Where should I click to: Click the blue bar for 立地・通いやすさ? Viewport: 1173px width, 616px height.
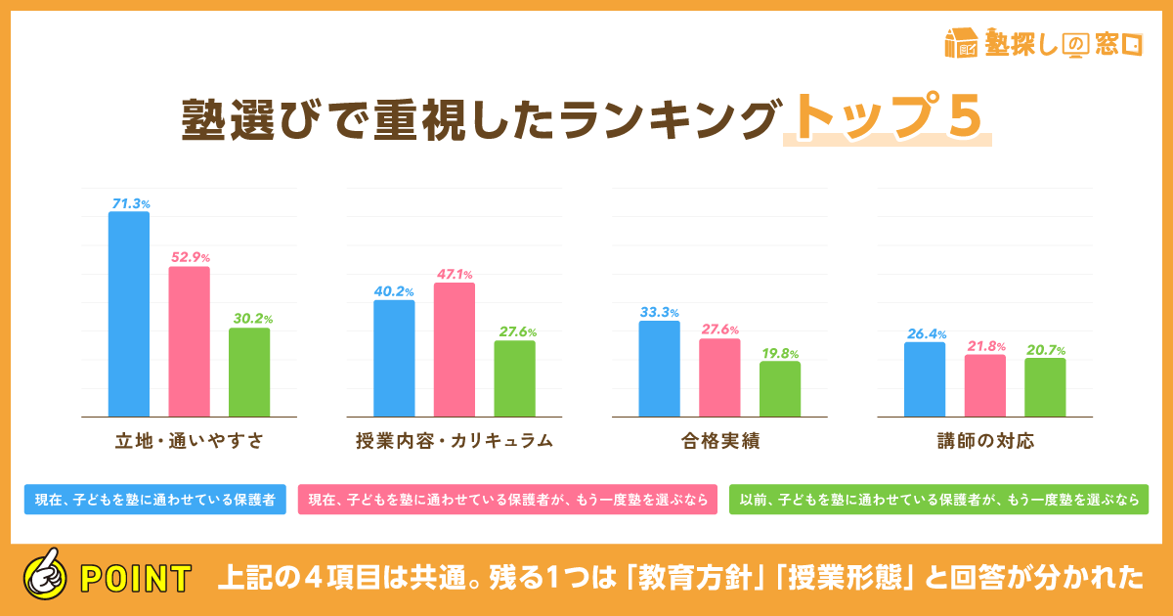pos(129,315)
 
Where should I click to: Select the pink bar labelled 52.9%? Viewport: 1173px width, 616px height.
pos(190,342)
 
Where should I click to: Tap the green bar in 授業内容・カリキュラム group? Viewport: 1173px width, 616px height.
pos(514,379)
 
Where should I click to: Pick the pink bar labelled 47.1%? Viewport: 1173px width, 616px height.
pos(455,350)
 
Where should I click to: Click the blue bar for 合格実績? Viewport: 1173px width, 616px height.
pos(660,369)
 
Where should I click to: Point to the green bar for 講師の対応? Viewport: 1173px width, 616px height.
pos(1045,388)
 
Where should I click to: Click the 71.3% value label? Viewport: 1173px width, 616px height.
pos(130,203)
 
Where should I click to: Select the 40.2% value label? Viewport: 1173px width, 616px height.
pos(395,291)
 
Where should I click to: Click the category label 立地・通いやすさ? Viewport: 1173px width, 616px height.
pos(189,441)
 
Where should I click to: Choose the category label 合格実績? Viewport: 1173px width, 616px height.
pos(720,441)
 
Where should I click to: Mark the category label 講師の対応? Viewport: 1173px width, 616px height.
pos(985,441)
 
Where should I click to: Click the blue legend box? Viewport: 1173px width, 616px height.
pos(154,499)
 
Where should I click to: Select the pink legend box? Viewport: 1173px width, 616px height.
pos(507,499)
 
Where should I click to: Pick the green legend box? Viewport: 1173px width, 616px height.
pos(939,499)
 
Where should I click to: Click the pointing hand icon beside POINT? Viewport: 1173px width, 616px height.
pos(43,577)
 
